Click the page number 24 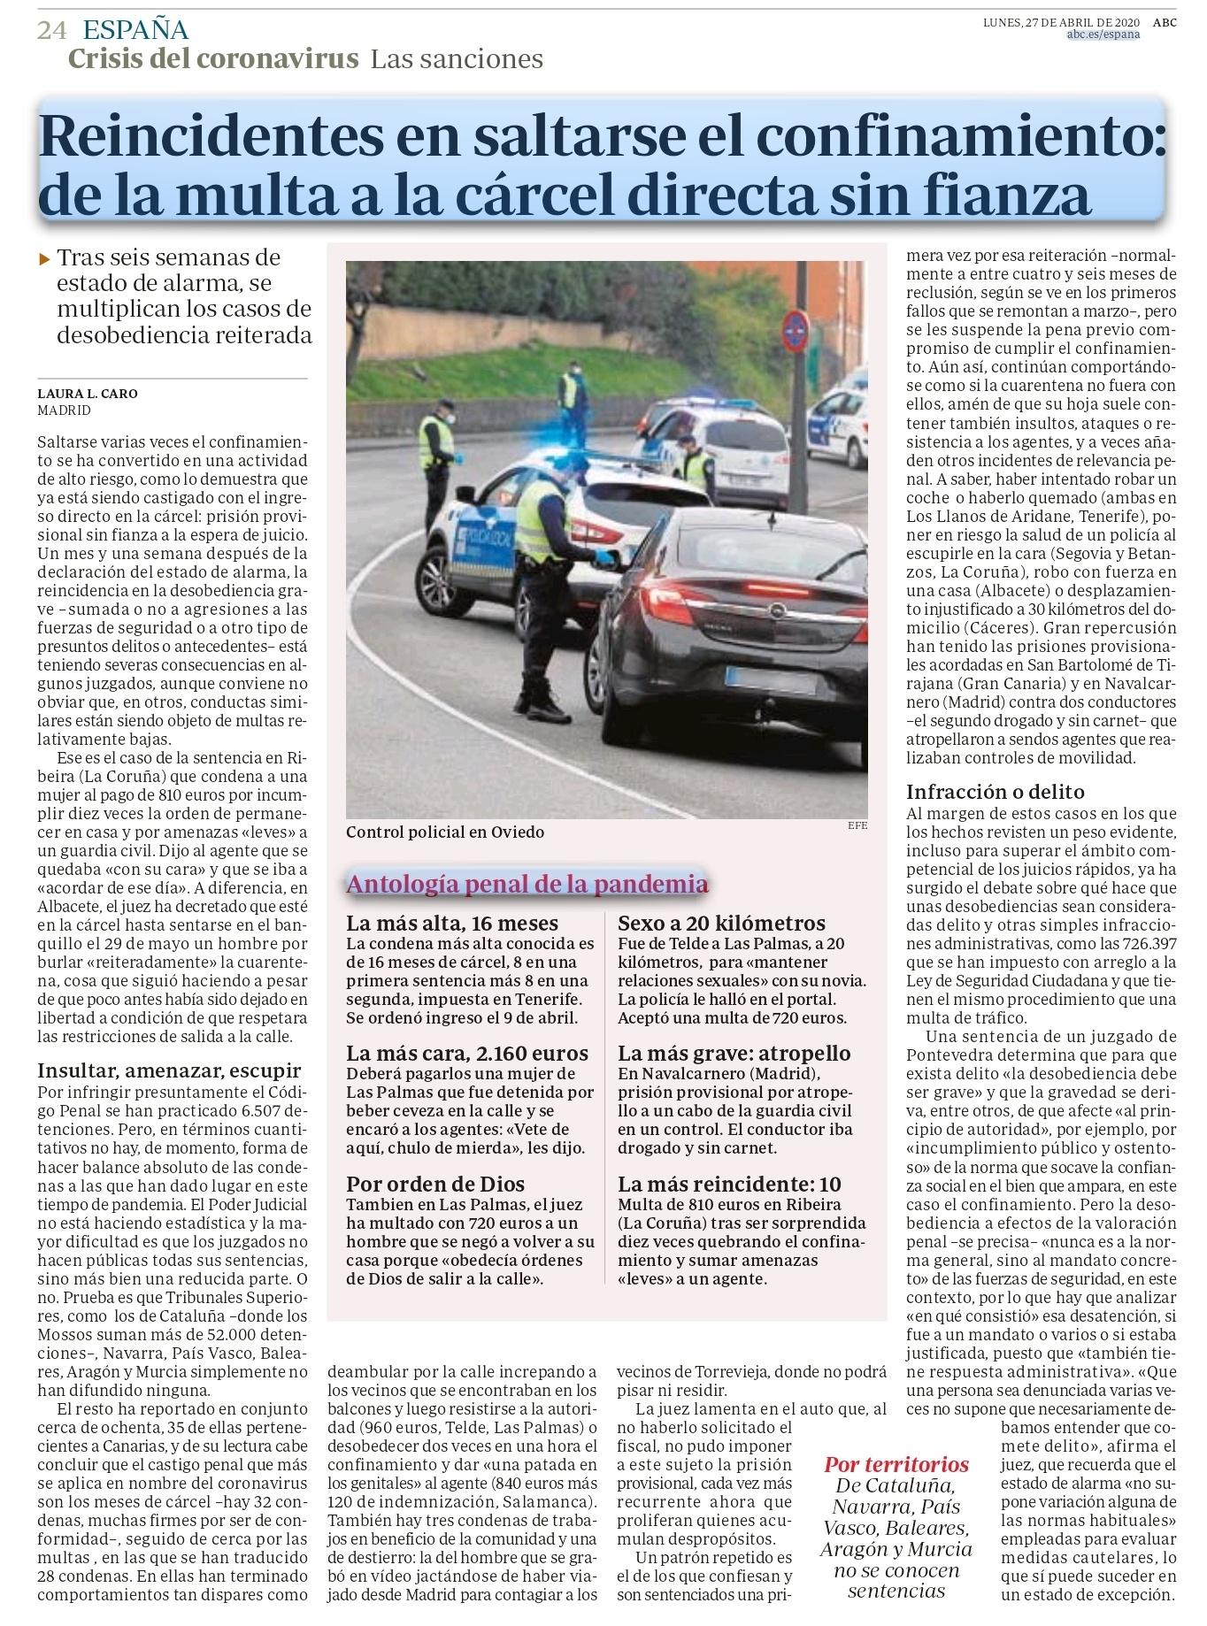52,30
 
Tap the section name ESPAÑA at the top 135,30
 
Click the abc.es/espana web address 1103,35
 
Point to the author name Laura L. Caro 88,394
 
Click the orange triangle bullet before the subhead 44,259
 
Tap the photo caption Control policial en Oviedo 445,832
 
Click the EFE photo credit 857,825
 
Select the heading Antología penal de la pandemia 527,884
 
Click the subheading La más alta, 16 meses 452,924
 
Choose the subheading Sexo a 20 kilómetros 721,924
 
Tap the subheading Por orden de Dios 435,1184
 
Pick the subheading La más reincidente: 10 729,1184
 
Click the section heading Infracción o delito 996,792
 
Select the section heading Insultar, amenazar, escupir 170,1070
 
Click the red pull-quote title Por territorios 896,1464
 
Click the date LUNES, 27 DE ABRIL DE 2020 1063,23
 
